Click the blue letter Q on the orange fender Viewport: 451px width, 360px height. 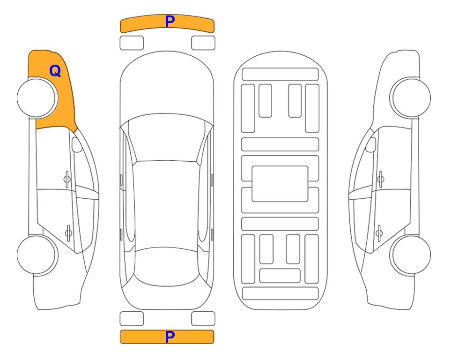tap(55, 71)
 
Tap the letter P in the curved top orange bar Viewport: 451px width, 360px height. tap(170, 22)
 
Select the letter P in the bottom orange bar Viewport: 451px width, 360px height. tap(170, 337)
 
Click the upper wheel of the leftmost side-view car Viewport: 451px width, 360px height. tap(37, 98)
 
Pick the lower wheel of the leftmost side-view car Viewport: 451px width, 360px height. tap(37, 255)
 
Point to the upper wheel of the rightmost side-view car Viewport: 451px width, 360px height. tap(410, 97)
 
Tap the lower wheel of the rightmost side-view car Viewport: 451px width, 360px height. tap(410, 255)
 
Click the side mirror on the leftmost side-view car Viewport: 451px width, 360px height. tap(76, 144)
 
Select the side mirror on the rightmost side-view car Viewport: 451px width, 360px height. tap(371, 144)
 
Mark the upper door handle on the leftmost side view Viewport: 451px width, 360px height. tap(67, 180)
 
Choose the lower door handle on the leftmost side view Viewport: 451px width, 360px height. tap(68, 232)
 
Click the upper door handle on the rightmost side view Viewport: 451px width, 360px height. tap(381, 180)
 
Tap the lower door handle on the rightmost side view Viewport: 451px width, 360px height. tap(379, 232)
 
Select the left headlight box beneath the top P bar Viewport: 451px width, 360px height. tap(132, 43)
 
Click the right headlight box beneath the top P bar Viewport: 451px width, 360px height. tap(203, 43)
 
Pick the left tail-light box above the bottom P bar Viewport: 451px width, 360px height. tap(132, 319)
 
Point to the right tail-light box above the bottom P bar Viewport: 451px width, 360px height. tap(203, 319)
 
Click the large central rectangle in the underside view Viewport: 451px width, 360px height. tap(280, 184)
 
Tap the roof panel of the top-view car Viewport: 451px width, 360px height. tap(166, 206)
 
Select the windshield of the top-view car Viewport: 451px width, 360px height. tap(167, 138)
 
